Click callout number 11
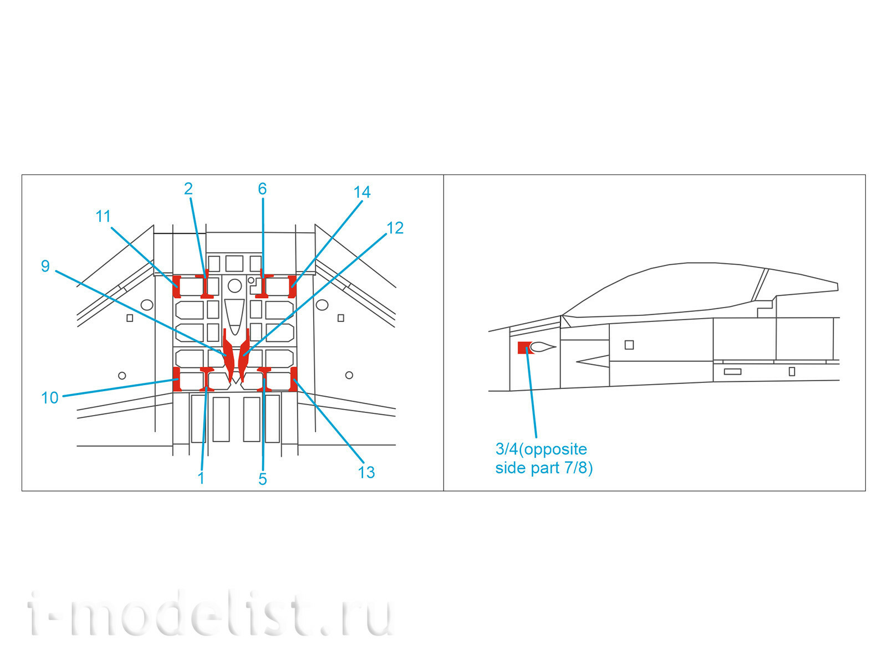(103, 217)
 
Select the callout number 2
(188, 188)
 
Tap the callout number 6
(262, 188)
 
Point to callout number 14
(362, 192)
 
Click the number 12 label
(395, 228)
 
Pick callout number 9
(45, 266)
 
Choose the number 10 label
(50, 398)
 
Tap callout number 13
(366, 472)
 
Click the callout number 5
(263, 479)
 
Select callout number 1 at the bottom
(201, 478)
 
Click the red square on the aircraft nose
(524, 347)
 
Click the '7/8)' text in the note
(579, 468)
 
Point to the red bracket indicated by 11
(177, 287)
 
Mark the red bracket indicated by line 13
(294, 379)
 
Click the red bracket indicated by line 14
(292, 287)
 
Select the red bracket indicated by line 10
(177, 379)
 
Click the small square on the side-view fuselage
(629, 345)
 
